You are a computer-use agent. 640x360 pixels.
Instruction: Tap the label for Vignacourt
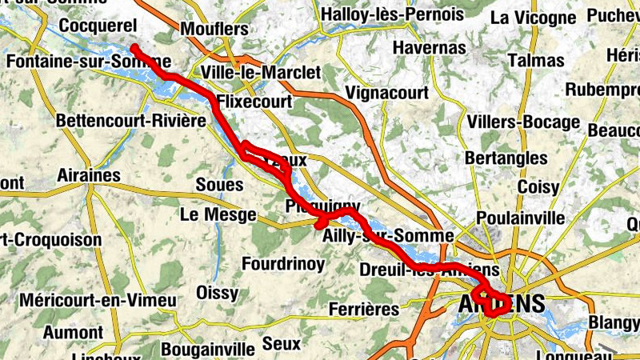point(386,94)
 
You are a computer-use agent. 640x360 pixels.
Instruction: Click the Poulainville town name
point(520,218)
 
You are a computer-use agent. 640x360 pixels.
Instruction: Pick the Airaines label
point(88,175)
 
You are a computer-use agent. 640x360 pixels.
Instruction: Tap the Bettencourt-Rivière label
point(130,121)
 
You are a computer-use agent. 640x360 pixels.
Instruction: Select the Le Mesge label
point(218,215)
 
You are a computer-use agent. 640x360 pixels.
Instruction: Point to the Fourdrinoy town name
point(283,263)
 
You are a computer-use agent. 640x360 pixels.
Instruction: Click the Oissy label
point(217,291)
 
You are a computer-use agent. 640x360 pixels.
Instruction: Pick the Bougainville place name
point(206,350)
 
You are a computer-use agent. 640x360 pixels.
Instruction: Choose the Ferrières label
point(363,309)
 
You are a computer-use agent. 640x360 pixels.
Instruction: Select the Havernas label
point(430,50)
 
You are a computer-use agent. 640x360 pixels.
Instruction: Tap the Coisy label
point(538,187)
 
